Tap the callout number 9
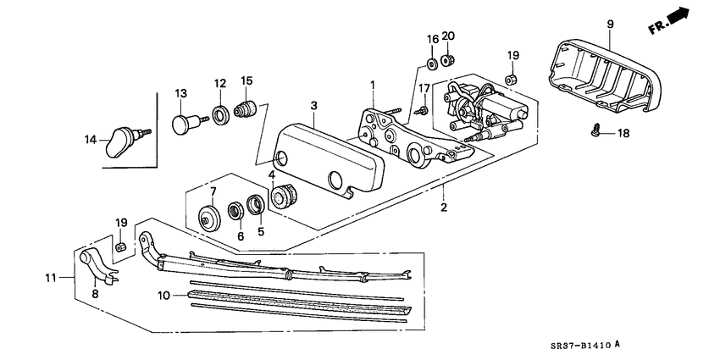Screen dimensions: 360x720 point(609,22)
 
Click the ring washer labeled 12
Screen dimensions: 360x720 point(219,114)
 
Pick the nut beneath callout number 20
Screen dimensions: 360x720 point(450,61)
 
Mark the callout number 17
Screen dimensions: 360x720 point(424,88)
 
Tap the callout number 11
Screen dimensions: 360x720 point(50,276)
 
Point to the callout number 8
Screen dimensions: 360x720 point(95,293)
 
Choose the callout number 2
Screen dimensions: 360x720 point(444,207)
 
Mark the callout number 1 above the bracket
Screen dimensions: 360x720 point(371,84)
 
